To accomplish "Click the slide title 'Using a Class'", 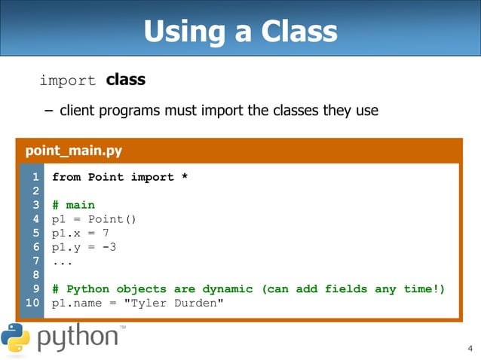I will tap(240, 32).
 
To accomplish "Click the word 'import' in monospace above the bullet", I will tap(67, 81).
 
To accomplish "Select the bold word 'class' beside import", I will tap(125, 79).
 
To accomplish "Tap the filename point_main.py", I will tap(74, 151).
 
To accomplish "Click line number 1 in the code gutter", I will tap(35, 177).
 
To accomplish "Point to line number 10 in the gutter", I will tap(32, 303).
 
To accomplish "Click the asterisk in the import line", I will tap(183, 178).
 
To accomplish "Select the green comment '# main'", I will tap(73, 205).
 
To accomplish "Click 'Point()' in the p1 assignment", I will tap(112, 219).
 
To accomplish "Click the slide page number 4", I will tap(470, 348).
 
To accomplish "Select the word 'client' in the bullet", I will tap(78, 111).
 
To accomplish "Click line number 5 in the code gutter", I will tap(35, 233).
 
